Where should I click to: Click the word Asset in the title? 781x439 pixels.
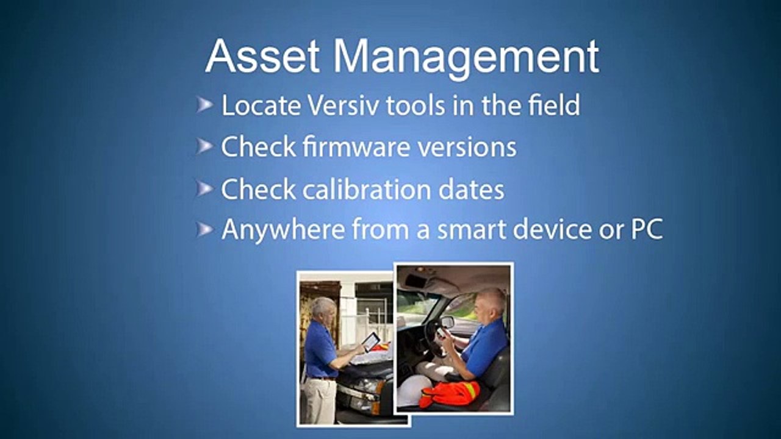pyautogui.click(x=262, y=57)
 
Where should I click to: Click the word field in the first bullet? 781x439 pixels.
pyautogui.click(x=554, y=105)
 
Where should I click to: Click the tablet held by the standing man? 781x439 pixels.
pyautogui.click(x=370, y=341)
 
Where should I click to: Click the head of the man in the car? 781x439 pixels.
pyautogui.click(x=492, y=302)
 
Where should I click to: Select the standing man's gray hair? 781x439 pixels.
pyautogui.click(x=323, y=305)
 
